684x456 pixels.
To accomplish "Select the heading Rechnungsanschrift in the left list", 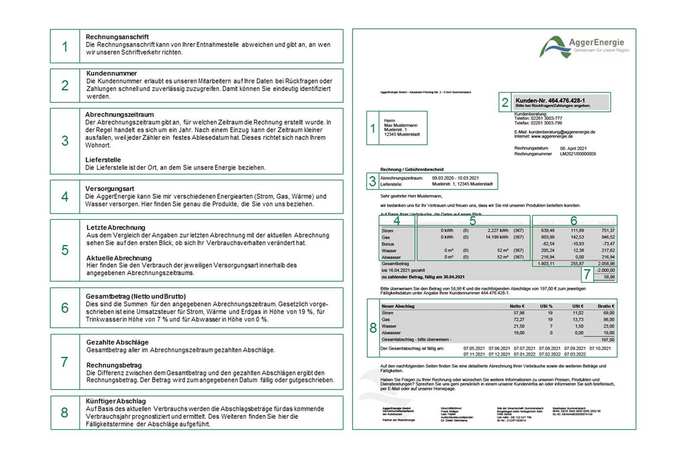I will (117, 37).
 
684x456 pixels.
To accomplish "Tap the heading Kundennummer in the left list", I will (111, 73).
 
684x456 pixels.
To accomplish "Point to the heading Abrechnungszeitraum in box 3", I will (119, 115).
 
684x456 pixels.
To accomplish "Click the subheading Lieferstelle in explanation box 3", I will (103, 160).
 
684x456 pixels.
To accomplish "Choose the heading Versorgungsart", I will (109, 188).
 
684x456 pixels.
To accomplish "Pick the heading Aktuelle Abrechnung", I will (119, 258).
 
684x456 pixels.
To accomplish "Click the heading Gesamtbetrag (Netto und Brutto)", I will (135, 296).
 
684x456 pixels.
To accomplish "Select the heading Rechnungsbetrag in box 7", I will (114, 365).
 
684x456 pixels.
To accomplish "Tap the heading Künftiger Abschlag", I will (116, 401).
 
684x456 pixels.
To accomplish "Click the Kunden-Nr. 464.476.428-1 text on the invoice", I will (550, 100).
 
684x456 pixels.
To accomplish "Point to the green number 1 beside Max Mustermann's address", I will (373, 129).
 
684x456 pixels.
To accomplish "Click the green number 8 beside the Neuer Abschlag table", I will (373, 328).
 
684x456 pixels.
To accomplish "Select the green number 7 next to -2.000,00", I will (587, 274).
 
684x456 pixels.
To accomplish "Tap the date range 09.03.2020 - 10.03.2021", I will (455, 178).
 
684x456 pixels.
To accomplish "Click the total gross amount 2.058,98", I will (606, 264).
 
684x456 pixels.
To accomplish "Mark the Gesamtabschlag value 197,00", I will (607, 339).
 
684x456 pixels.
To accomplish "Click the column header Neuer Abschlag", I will (398, 306).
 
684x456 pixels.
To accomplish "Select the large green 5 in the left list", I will (65, 250).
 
